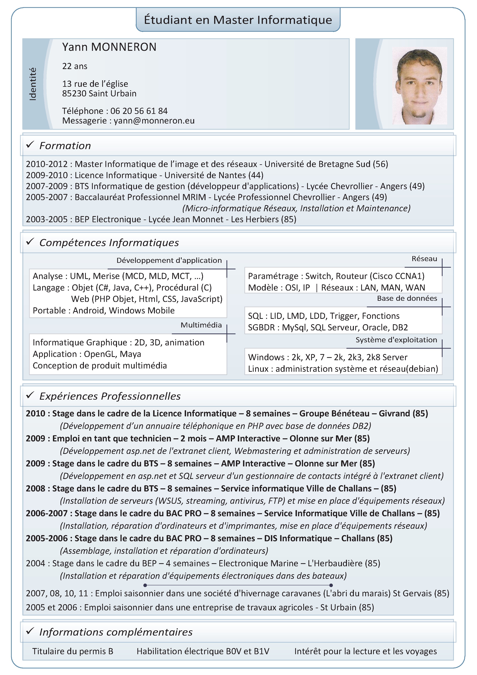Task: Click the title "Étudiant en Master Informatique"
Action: [x=238, y=20]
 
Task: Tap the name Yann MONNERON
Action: [x=109, y=47]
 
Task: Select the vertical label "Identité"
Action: [x=33, y=84]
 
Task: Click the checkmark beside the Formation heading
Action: [x=30, y=145]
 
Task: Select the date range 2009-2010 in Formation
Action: [x=47, y=175]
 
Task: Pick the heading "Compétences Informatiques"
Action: [x=109, y=242]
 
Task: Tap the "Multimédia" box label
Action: [x=201, y=325]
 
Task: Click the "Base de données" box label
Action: [x=407, y=298]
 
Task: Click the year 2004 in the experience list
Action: [x=35, y=563]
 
